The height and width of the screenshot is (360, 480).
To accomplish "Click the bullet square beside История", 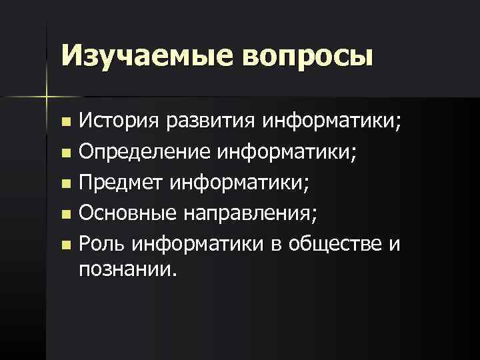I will point(65,123).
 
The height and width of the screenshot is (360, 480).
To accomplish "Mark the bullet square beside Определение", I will point(65,154).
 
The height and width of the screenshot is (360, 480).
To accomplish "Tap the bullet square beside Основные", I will point(65,215).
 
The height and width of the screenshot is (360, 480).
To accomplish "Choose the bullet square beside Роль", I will point(65,245).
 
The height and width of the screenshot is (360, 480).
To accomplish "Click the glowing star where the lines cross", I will point(46,97).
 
